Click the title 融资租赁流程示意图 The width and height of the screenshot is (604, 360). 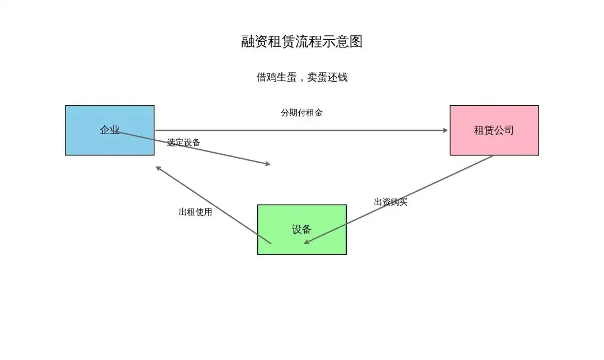(302, 42)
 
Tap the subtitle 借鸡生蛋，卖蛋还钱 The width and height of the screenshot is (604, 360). (302, 77)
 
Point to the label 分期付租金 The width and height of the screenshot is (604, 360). (301, 112)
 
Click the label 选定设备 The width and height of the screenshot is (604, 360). (183, 143)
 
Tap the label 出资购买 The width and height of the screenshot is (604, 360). (390, 202)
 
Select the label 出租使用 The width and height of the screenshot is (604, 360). (195, 212)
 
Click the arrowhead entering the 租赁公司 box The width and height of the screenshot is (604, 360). (446, 130)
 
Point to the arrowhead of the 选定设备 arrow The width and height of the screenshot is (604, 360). (268, 164)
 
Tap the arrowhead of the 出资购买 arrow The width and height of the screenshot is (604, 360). (306, 242)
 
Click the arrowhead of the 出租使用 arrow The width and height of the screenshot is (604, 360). (158, 168)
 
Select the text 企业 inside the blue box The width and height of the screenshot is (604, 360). (110, 130)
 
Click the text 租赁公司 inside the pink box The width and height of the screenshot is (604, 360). (494, 130)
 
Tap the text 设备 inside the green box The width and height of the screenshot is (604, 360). (301, 229)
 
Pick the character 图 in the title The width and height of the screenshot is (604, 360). (356, 42)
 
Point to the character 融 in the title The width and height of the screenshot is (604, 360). (248, 42)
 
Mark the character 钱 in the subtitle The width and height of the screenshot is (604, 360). (342, 77)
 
